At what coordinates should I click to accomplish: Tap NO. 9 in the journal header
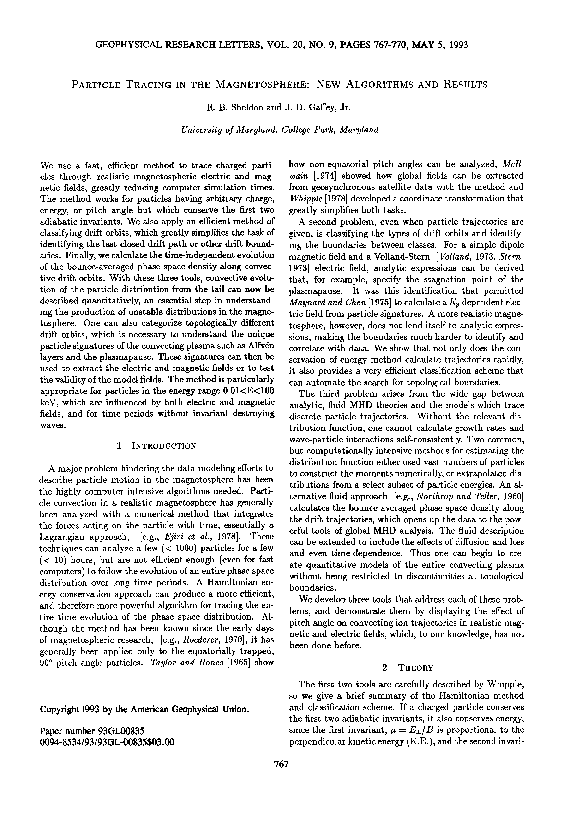[361, 46]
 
